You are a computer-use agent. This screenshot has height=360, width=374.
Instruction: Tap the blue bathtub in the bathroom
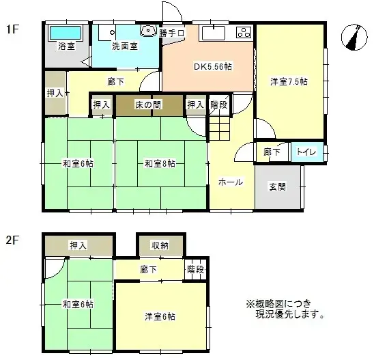(x=65, y=33)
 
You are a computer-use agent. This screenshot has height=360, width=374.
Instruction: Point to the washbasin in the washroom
(x=147, y=32)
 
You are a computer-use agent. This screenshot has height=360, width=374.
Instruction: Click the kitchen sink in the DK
(x=212, y=33)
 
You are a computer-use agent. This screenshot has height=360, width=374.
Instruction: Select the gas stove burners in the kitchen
(x=243, y=32)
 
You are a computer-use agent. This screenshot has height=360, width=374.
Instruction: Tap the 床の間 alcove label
(x=147, y=105)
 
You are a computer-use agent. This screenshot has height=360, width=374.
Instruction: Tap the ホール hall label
(x=230, y=182)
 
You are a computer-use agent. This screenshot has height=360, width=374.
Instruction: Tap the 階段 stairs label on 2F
(x=195, y=270)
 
